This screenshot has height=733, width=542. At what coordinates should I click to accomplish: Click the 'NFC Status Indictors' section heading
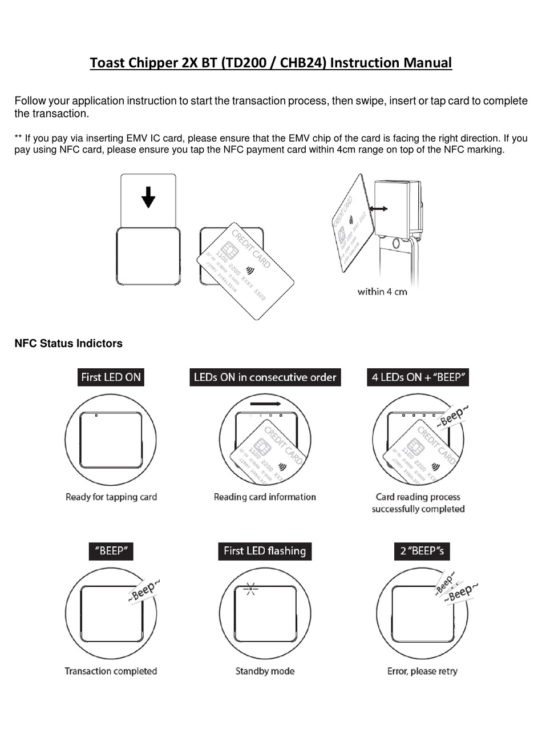(68, 344)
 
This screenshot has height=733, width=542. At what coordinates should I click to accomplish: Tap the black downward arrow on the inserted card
(148, 197)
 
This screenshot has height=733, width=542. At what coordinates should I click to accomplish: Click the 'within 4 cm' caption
(382, 292)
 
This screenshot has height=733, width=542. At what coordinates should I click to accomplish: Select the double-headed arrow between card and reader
(378, 209)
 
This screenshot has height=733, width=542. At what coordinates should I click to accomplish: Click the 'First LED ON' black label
(111, 377)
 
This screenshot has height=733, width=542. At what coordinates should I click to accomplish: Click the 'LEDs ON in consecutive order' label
(265, 377)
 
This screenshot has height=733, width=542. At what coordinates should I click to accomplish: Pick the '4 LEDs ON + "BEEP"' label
(418, 377)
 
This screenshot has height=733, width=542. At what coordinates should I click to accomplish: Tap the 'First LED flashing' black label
(265, 551)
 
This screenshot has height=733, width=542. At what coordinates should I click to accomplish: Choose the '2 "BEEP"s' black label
(422, 551)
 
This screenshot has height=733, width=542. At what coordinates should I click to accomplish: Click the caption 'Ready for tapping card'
(111, 497)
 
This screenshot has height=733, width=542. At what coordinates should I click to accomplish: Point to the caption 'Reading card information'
(265, 497)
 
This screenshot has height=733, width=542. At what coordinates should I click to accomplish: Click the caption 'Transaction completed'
(111, 671)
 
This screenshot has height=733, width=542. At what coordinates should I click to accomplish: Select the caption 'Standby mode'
(265, 671)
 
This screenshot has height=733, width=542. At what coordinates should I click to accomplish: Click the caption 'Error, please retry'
(422, 671)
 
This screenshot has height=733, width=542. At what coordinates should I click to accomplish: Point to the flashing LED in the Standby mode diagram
(250, 588)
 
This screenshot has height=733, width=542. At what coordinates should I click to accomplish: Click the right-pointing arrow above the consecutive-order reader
(265, 404)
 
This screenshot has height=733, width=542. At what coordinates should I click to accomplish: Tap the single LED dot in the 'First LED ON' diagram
(96, 416)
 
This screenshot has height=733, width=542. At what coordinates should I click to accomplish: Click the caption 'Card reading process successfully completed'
(418, 503)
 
